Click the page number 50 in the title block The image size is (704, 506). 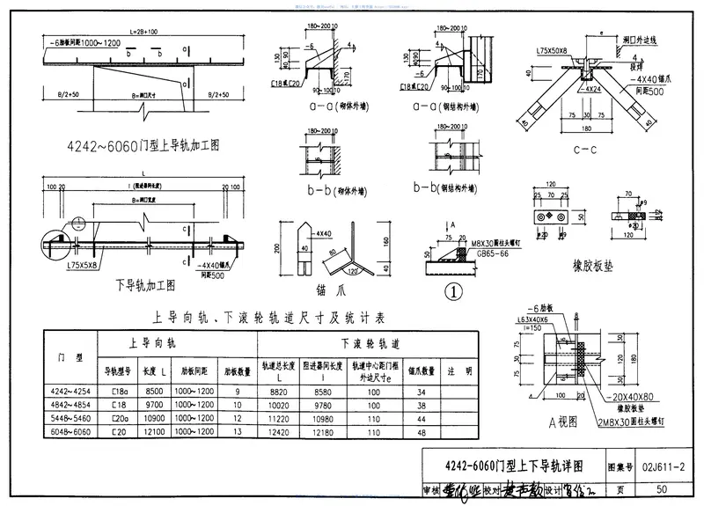[662, 489]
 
